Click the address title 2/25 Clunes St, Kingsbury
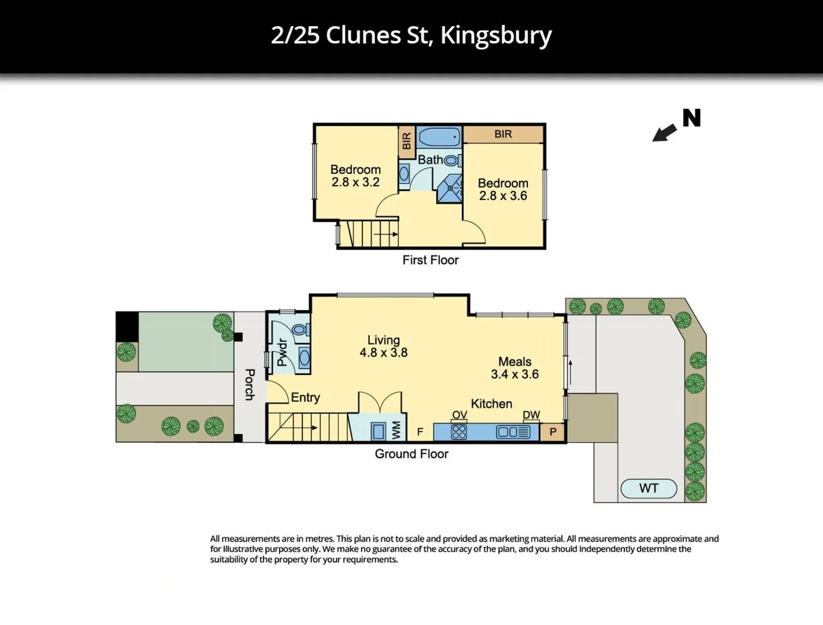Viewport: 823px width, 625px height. click(411, 35)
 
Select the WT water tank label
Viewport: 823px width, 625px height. click(648, 488)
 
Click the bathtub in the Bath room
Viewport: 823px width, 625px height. click(439, 138)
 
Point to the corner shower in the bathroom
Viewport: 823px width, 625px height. click(450, 188)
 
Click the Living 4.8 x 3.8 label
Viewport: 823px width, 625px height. click(383, 346)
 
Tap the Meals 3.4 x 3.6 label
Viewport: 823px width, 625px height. click(515, 368)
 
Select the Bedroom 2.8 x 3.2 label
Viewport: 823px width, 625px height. click(355, 175)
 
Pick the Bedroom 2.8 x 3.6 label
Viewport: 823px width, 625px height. click(502, 189)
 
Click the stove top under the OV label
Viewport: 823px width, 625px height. click(459, 432)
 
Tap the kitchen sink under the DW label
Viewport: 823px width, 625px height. click(513, 432)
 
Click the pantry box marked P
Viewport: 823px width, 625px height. click(553, 432)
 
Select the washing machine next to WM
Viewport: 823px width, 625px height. click(379, 431)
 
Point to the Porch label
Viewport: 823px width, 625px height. click(249, 384)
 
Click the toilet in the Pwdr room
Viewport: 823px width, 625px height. click(299, 330)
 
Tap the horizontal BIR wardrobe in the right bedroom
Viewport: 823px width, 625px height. click(503, 134)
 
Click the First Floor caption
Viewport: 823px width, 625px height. click(430, 260)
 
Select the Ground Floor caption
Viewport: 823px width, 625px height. click(411, 454)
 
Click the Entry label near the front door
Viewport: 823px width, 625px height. click(305, 398)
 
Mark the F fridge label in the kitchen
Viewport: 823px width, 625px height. click(420, 432)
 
